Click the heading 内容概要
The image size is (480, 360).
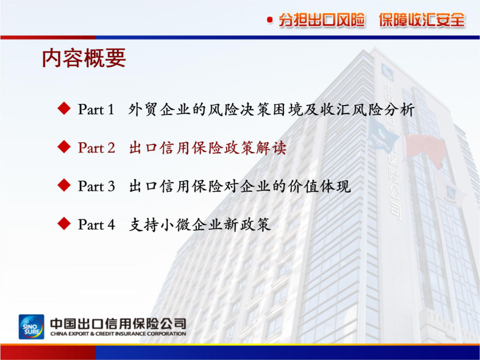point(84,58)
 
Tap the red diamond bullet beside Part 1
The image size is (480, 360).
point(64,109)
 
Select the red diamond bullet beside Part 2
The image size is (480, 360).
point(64,147)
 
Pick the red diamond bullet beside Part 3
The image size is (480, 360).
point(64,186)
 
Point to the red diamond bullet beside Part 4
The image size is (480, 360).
point(64,224)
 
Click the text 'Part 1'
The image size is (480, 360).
point(96,109)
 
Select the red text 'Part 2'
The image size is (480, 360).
point(97,148)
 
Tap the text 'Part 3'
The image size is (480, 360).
point(97,186)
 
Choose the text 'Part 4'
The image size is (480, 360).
point(97,225)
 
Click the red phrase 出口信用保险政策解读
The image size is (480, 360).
point(208,148)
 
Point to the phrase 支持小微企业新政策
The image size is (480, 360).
point(200,225)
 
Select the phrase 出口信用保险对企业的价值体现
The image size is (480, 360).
point(239,187)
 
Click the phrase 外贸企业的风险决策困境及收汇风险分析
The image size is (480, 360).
point(271,109)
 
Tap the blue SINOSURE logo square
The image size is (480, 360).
point(31,326)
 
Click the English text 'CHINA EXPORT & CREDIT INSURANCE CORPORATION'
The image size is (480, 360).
point(118,334)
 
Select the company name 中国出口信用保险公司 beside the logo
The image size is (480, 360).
point(118,324)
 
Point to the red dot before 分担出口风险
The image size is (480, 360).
point(270,20)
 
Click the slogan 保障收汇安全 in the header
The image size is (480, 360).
point(422,20)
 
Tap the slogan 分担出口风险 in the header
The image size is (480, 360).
point(322,20)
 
